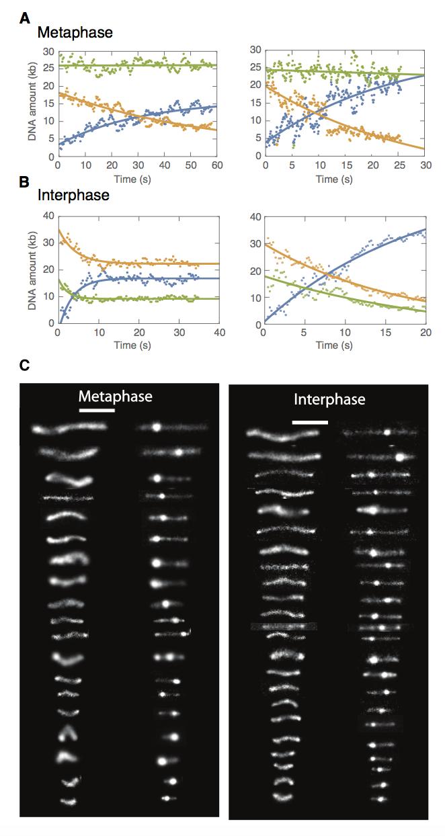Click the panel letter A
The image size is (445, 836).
click(x=25, y=19)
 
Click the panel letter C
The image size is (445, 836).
click(x=25, y=365)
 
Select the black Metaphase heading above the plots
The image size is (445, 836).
click(x=65, y=32)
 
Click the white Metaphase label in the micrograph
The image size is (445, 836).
click(x=115, y=396)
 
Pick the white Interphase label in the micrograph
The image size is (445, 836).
click(x=329, y=399)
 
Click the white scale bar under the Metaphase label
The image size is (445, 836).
click(x=97, y=410)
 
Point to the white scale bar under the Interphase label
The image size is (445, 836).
click(x=311, y=423)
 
